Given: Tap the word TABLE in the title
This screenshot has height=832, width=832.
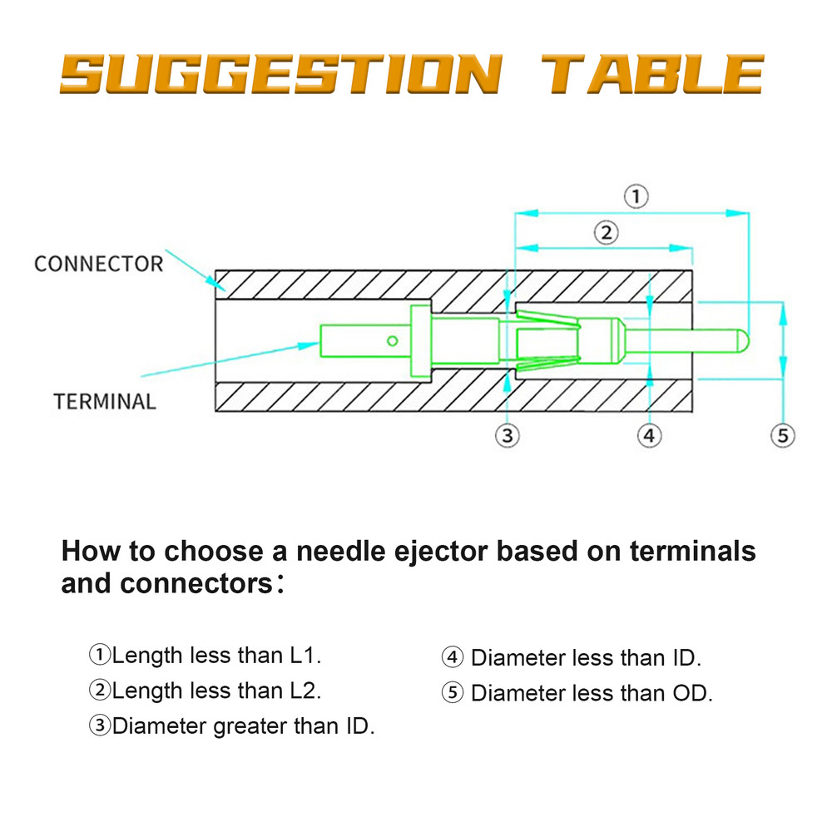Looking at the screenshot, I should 652,75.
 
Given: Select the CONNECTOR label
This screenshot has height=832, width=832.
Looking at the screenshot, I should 98,265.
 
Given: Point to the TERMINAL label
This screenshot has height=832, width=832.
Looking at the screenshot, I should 105,402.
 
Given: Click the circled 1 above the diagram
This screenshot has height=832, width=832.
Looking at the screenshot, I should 636,197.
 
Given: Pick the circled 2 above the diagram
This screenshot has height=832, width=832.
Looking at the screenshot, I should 606,232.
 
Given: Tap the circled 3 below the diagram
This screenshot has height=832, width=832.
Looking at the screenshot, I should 508,434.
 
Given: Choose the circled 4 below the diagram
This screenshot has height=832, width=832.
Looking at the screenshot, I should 650,434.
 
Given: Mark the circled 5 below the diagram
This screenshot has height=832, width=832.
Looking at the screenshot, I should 782,434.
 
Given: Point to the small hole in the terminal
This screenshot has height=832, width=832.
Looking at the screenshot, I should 392,339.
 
